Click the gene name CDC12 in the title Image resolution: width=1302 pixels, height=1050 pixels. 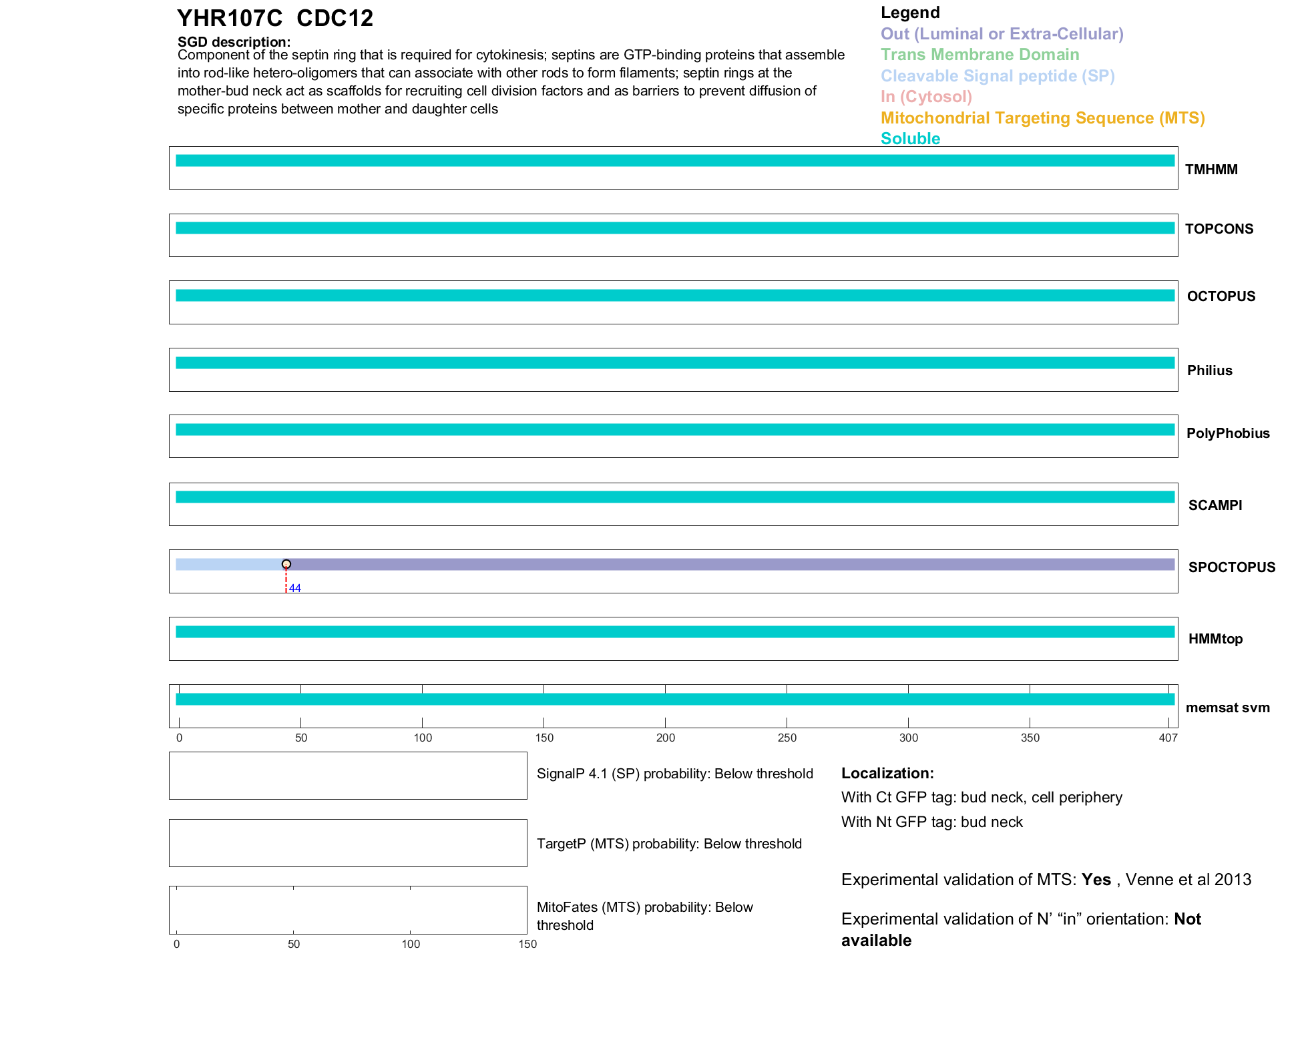click(x=335, y=18)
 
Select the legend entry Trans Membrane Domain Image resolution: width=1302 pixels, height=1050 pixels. click(x=980, y=55)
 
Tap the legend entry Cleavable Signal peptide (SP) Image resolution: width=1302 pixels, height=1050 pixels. click(x=998, y=76)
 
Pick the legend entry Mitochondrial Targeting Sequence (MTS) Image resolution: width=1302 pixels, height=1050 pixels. click(x=1042, y=118)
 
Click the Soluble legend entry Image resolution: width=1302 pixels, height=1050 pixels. click(x=910, y=139)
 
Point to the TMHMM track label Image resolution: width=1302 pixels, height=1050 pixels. click(x=1211, y=170)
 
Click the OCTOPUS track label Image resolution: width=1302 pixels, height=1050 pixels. click(x=1221, y=296)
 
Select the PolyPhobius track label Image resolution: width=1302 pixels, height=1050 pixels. click(x=1227, y=433)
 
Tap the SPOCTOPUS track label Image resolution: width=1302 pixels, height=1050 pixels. click(x=1231, y=567)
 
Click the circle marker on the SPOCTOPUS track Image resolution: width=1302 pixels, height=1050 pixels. click(x=286, y=564)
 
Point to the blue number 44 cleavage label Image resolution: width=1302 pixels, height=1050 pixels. click(x=295, y=588)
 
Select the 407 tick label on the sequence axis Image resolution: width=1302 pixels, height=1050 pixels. click(x=1168, y=738)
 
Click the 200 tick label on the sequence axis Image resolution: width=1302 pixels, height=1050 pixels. click(x=665, y=738)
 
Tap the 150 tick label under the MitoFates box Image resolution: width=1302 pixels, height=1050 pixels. click(x=527, y=944)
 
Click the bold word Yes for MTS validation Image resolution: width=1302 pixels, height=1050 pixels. click(x=1096, y=880)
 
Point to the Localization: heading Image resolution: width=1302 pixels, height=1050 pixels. click(x=887, y=774)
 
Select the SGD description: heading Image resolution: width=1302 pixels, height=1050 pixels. click(x=234, y=42)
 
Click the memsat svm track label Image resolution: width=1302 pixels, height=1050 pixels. click(x=1227, y=708)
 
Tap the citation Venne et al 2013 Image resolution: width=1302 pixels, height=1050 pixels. click(x=1188, y=880)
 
